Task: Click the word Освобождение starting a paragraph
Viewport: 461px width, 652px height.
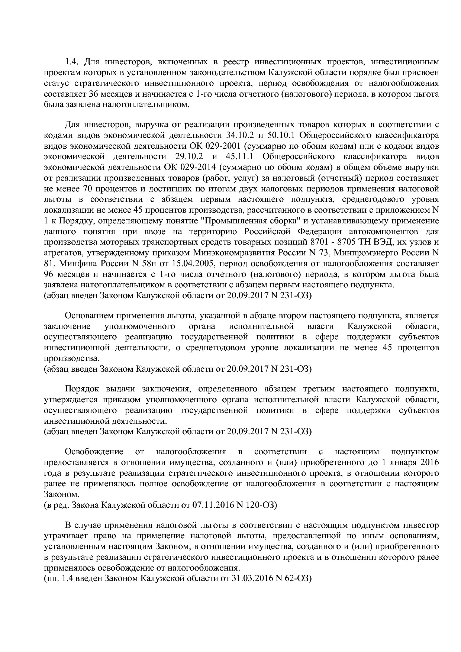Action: [x=94, y=452]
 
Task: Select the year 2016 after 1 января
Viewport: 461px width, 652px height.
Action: [x=430, y=462]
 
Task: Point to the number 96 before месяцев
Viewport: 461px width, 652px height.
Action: [x=49, y=275]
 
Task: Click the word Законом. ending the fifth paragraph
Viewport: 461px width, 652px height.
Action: [x=56, y=495]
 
